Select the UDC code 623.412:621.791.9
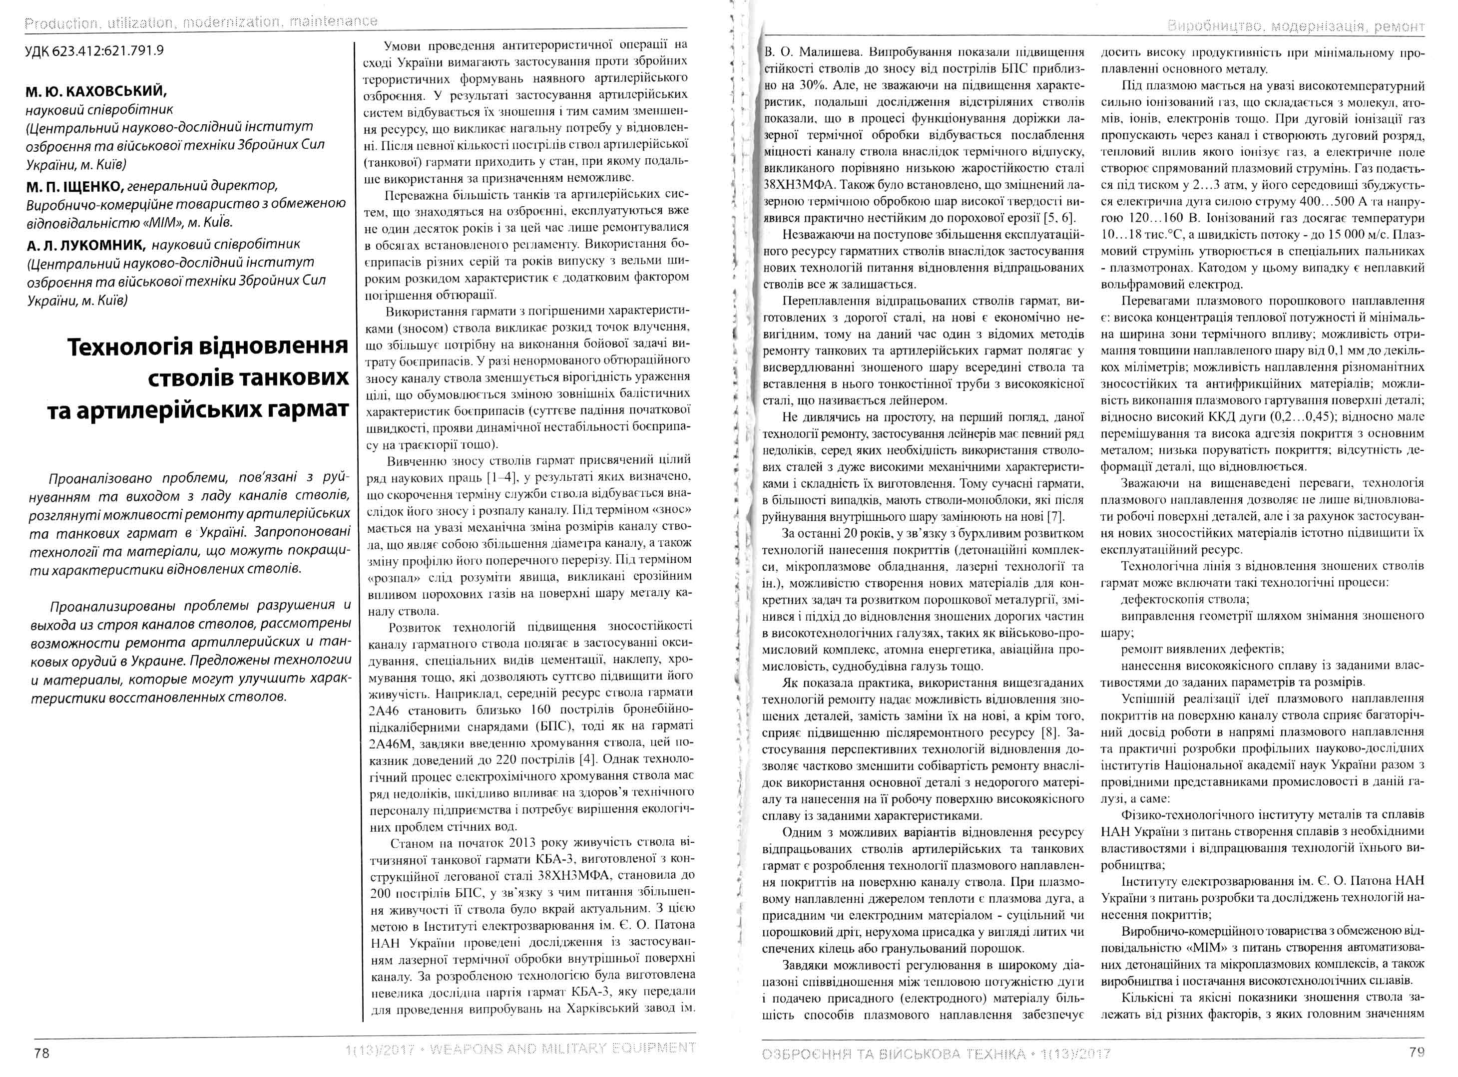click(94, 51)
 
